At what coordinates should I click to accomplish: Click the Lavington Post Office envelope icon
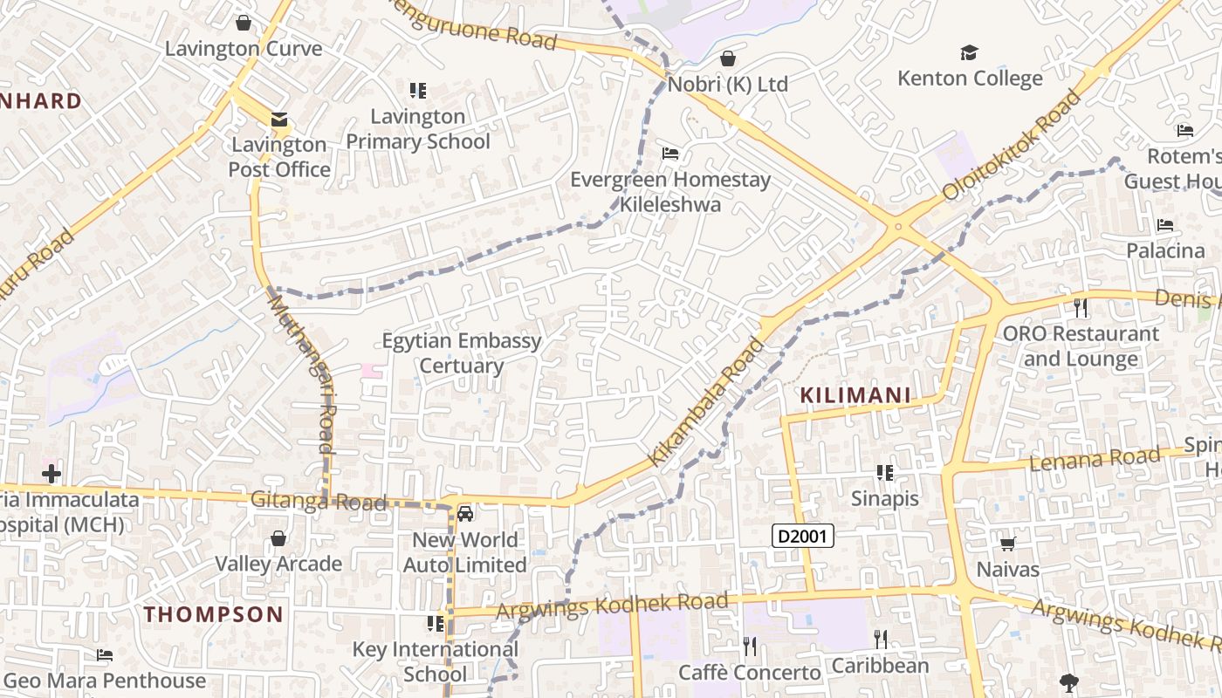278,120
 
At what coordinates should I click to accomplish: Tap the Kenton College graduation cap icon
969,53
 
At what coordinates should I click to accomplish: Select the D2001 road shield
803,536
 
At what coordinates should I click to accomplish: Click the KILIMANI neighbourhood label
855,395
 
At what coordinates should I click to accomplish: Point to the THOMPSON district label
214,614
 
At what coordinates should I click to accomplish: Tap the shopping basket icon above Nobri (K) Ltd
728,58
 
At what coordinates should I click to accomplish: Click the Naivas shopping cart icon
1008,544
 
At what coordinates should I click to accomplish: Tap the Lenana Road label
1095,459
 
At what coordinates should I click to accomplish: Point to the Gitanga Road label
318,502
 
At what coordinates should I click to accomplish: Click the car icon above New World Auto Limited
465,514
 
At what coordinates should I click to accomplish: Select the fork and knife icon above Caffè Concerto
750,647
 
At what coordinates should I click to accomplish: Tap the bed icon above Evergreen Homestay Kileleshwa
670,154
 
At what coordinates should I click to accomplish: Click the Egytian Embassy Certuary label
462,352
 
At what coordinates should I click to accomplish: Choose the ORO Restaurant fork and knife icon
1081,308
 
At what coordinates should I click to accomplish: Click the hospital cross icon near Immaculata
51,474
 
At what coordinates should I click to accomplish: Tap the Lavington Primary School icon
418,91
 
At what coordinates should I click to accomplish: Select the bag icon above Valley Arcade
278,538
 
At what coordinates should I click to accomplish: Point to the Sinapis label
885,498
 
